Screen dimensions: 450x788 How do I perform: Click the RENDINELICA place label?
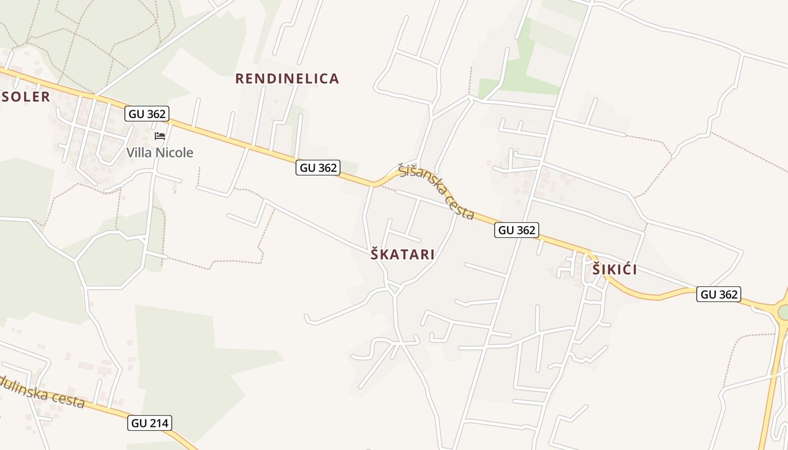[287, 79]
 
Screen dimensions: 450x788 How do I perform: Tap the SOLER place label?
[26, 97]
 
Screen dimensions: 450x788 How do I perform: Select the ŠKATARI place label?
[402, 255]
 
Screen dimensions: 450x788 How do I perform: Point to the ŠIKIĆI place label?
[615, 270]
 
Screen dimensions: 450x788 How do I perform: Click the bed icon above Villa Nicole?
[160, 136]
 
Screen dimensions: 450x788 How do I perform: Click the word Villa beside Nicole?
[138, 152]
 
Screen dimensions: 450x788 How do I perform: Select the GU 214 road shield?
[150, 423]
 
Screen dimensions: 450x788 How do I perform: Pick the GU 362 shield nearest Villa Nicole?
[147, 114]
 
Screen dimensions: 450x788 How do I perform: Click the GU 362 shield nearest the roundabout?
[718, 294]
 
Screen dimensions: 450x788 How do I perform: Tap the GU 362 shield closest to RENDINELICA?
[318, 168]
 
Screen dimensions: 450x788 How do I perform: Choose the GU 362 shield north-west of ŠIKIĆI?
[517, 229]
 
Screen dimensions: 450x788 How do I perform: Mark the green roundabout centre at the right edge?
[783, 311]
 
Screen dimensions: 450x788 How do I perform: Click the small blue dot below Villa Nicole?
[174, 192]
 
